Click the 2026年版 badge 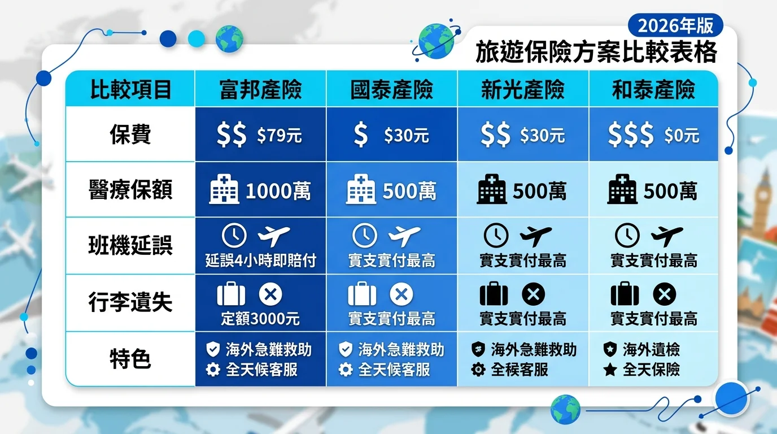[x=675, y=25]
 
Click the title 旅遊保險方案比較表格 [x=596, y=52]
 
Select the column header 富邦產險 [x=260, y=90]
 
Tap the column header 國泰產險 [x=392, y=90]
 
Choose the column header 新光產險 [x=523, y=90]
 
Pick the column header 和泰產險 [x=653, y=90]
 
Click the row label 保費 [x=130, y=134]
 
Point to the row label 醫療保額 [x=130, y=189]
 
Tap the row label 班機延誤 [x=130, y=245]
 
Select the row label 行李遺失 [x=130, y=302]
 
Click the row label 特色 [x=130, y=359]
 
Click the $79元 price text [x=279, y=135]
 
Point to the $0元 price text [x=682, y=135]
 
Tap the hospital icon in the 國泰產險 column [x=361, y=189]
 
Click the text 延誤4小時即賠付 [x=261, y=261]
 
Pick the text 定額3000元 [x=260, y=318]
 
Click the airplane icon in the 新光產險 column [x=535, y=236]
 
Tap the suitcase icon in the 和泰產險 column [x=625, y=294]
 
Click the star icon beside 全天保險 [x=610, y=370]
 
